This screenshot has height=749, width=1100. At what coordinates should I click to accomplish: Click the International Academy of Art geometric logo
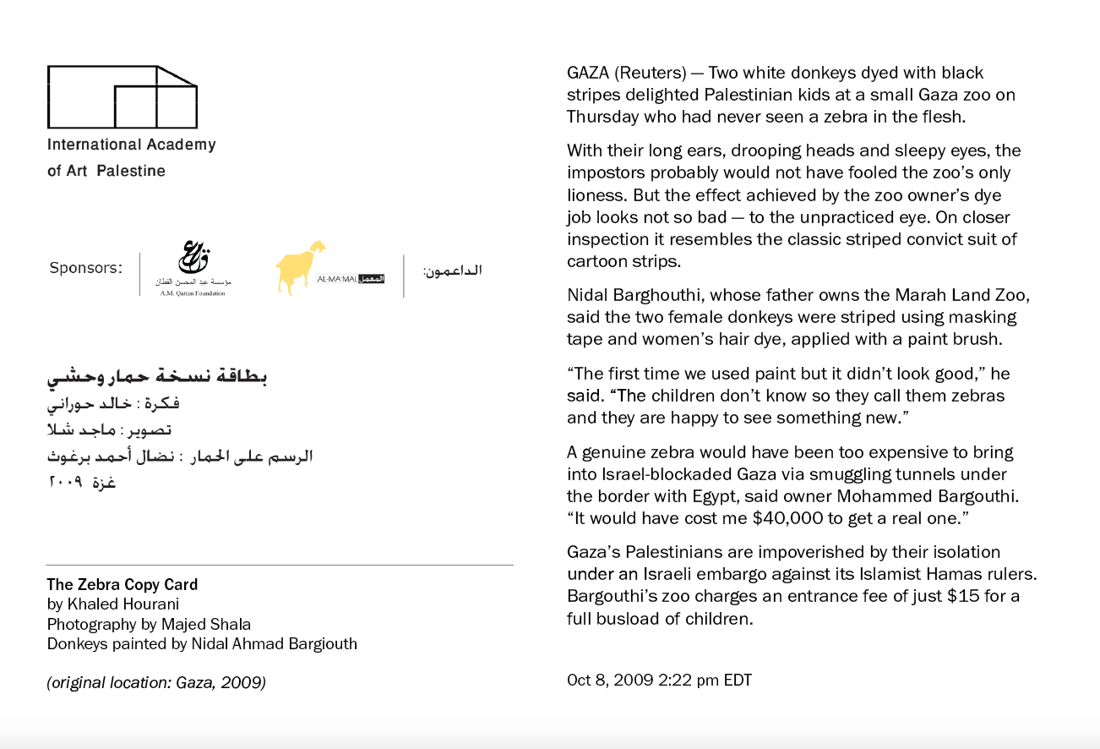tap(123, 96)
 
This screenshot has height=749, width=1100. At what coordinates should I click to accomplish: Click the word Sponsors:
tap(85, 268)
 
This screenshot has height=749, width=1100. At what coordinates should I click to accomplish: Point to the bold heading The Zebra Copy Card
tap(123, 584)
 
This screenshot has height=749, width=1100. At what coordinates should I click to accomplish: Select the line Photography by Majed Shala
tap(149, 624)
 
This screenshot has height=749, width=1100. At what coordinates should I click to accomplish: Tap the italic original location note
tap(156, 682)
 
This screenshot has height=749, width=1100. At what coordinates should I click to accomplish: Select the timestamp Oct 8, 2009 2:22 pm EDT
tap(659, 680)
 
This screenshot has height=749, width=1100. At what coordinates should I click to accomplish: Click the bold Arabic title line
tap(157, 377)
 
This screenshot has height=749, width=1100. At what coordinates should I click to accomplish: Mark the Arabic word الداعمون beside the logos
tap(452, 271)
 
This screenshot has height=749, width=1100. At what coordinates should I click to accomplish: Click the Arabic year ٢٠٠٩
tap(63, 483)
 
